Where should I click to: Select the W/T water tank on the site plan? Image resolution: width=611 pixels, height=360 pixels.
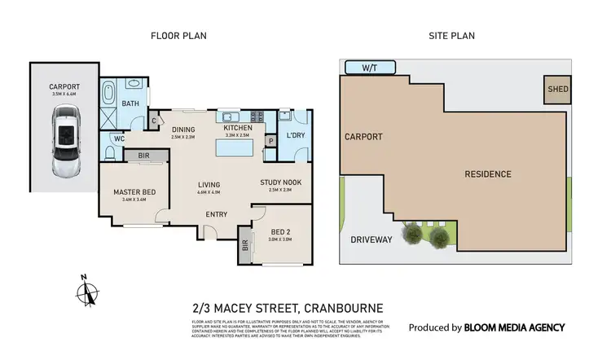coord(369,67)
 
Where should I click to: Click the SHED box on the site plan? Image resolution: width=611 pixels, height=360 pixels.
coord(556,90)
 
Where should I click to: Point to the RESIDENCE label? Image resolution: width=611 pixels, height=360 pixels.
coord(488,173)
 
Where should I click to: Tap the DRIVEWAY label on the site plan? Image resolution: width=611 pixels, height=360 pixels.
coord(371,239)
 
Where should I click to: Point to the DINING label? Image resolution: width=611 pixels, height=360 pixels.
coord(184,128)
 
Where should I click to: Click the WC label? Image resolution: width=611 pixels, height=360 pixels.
coord(117,139)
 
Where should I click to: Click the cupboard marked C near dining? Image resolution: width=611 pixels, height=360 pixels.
coord(155,121)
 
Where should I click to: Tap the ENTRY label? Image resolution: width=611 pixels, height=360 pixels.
coord(216,214)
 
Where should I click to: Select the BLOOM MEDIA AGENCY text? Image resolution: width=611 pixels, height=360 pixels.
coord(514,327)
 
